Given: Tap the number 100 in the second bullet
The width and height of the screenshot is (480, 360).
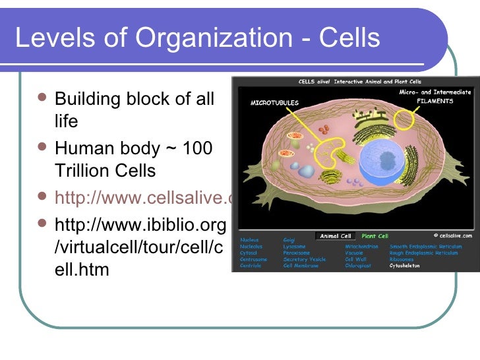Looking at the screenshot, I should [x=197, y=148].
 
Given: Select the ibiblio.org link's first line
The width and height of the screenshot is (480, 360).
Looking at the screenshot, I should [x=140, y=225].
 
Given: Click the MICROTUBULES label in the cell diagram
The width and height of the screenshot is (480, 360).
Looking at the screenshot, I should [x=274, y=104].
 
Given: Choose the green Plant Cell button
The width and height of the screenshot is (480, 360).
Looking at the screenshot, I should [x=374, y=236].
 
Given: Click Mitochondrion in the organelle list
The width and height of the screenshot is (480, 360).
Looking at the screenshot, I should [x=361, y=247].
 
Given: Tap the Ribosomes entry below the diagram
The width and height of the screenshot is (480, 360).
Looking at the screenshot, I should [x=403, y=259].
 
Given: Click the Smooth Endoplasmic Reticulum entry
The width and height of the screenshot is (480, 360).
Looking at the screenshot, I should [x=425, y=247].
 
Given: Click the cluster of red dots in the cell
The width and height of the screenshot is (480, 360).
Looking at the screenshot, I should [x=353, y=181].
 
